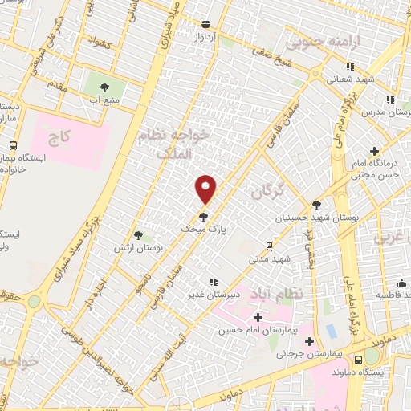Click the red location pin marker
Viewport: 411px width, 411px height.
point(206,189)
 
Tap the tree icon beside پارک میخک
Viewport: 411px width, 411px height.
point(203,216)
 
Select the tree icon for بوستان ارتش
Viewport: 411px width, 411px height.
point(139,235)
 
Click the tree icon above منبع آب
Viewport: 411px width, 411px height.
point(103,87)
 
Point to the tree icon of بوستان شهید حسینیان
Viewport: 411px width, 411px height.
point(316,205)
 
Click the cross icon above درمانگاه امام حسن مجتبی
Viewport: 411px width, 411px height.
point(374,150)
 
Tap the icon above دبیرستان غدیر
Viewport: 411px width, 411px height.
point(214,282)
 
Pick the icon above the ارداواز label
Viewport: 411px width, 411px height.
point(206,24)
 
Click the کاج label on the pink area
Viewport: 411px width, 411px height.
point(59,137)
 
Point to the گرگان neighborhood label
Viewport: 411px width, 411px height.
point(268,193)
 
